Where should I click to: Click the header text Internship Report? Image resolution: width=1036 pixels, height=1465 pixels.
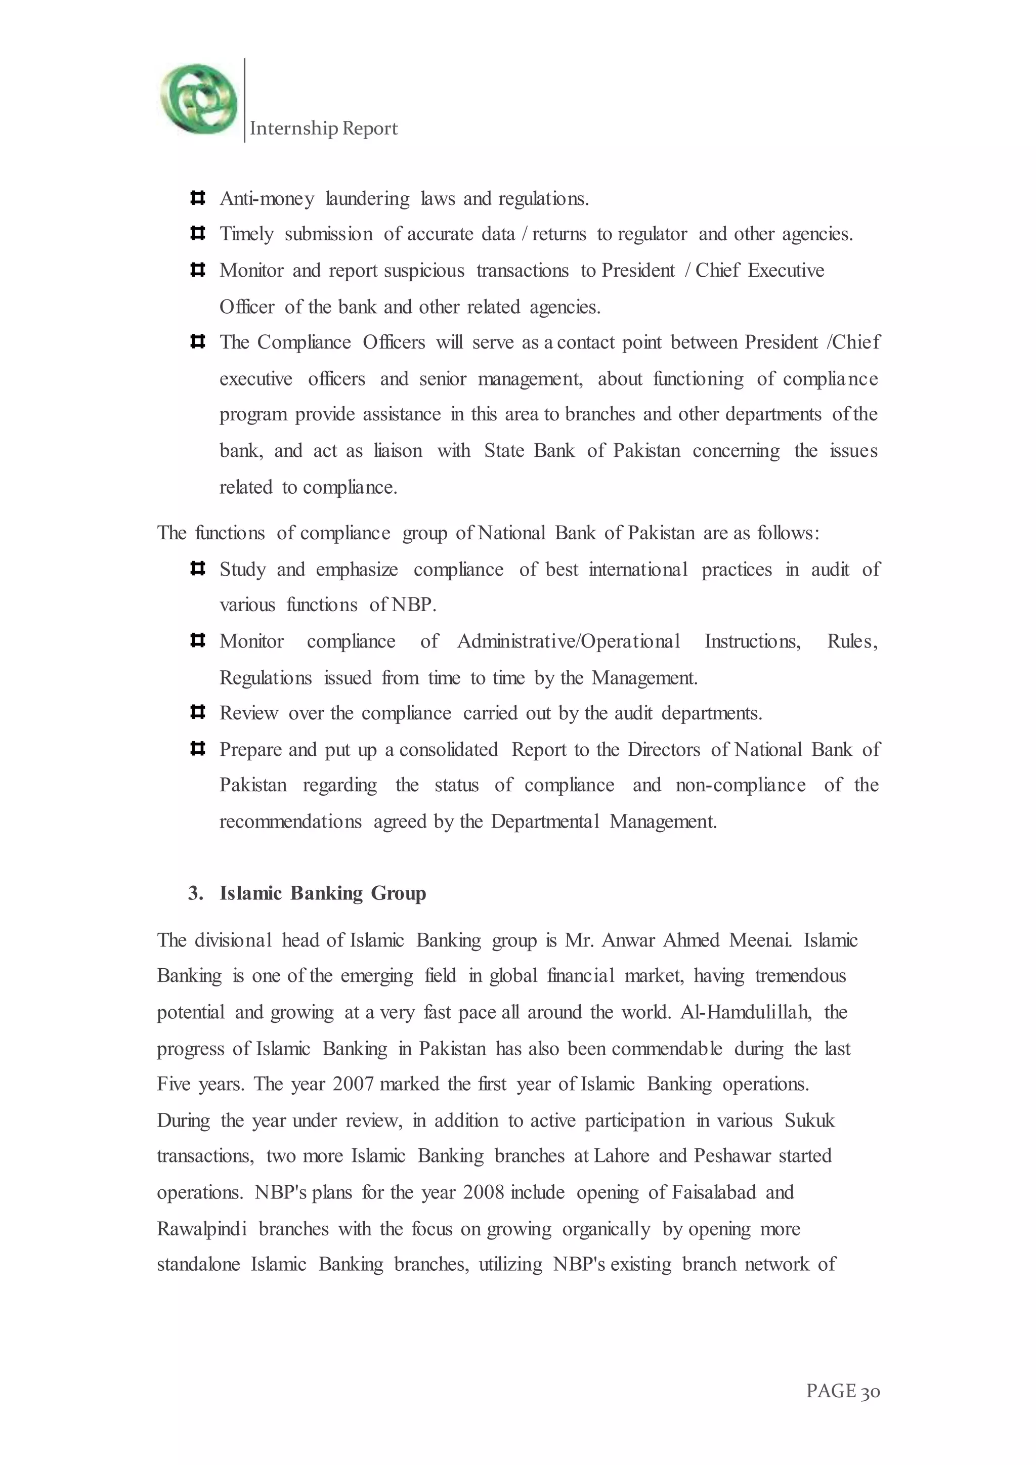[323, 129]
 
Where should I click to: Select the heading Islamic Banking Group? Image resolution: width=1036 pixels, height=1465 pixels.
[323, 893]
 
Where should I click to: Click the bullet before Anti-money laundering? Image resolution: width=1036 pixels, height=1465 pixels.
[197, 198]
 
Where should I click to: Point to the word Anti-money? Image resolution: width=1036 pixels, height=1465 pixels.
[267, 199]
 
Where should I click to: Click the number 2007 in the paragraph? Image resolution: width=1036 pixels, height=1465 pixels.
[353, 1084]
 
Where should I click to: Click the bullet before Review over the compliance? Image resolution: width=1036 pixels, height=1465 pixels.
[197, 712]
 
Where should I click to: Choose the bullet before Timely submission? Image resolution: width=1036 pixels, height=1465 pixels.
[197, 234]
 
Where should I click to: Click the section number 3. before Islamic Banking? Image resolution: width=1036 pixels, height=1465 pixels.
[195, 893]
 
